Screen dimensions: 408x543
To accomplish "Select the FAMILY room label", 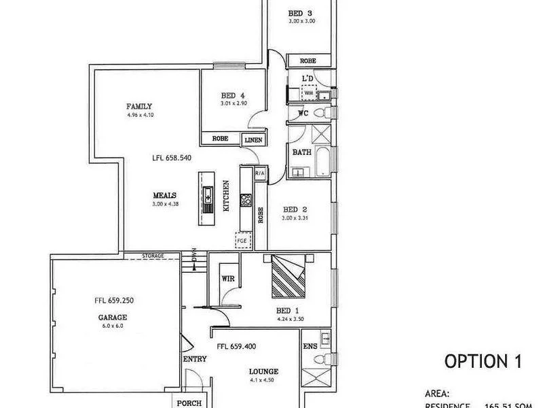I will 138,106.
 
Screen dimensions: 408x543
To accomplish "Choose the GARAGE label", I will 112,317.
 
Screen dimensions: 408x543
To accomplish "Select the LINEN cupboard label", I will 253,139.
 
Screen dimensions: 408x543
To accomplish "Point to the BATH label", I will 301,152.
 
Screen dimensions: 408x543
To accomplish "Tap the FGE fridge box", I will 241,240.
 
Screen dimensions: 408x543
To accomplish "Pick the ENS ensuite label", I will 309,347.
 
